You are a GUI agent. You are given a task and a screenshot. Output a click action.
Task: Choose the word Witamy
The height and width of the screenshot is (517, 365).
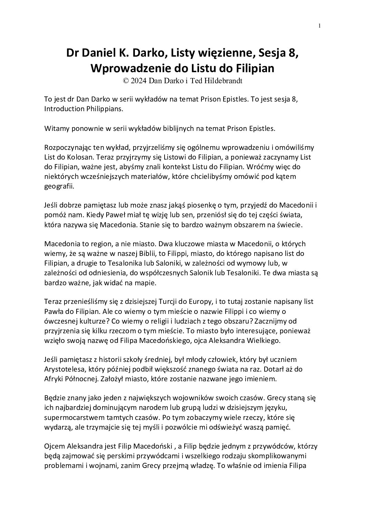pyautogui.click(x=55, y=128)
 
